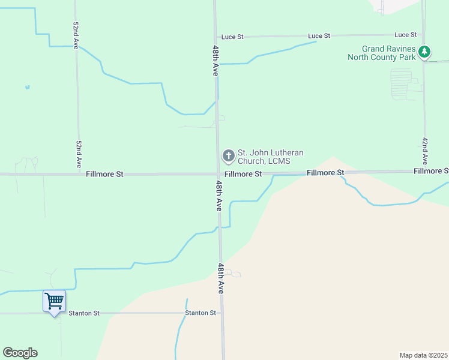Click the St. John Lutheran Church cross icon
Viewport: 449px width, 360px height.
228,156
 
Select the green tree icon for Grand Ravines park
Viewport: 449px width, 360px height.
424,52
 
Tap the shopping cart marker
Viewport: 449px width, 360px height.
54,300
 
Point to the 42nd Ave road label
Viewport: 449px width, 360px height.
424,151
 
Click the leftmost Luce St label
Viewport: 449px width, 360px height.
232,37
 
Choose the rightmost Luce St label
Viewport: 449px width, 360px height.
406,35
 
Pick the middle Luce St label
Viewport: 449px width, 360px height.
319,36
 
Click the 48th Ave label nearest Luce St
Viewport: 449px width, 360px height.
215,60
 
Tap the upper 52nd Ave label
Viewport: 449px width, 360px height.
76,36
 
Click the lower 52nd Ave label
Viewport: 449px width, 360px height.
79,154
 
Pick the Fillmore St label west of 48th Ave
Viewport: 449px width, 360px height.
104,174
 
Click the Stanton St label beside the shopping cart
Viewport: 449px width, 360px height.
83,313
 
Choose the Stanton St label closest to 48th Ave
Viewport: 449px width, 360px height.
200,313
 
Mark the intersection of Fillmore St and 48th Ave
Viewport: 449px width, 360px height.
217,174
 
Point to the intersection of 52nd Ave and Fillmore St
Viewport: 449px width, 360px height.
79,174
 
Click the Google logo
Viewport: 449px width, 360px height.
20,353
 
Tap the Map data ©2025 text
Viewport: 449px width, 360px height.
423,355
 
